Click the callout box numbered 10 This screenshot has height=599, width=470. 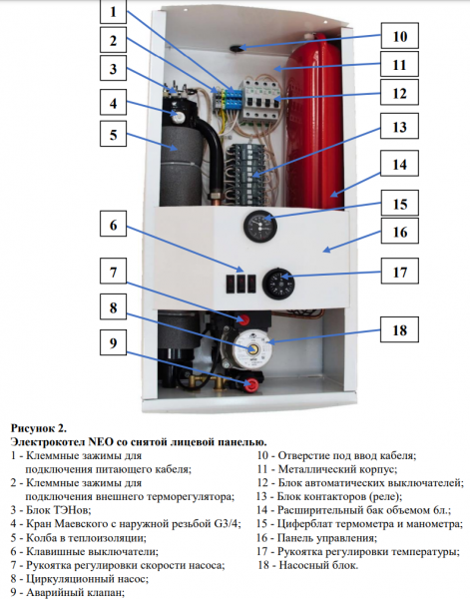399,36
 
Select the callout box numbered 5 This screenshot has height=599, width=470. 113,134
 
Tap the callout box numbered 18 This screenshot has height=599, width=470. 399,329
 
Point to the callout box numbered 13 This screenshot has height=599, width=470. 399,126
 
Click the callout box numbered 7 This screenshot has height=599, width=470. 113,272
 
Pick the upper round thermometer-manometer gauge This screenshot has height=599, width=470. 260,227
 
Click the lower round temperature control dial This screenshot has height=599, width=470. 278,285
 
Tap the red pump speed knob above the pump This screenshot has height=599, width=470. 242,318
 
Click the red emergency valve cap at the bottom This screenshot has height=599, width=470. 251,384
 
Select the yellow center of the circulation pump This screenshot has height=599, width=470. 252,349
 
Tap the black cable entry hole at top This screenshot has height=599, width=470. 235,48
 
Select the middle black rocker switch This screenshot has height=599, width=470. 240,284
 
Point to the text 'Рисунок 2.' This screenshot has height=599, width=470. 39,428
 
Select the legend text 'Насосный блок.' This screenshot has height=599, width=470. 318,565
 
